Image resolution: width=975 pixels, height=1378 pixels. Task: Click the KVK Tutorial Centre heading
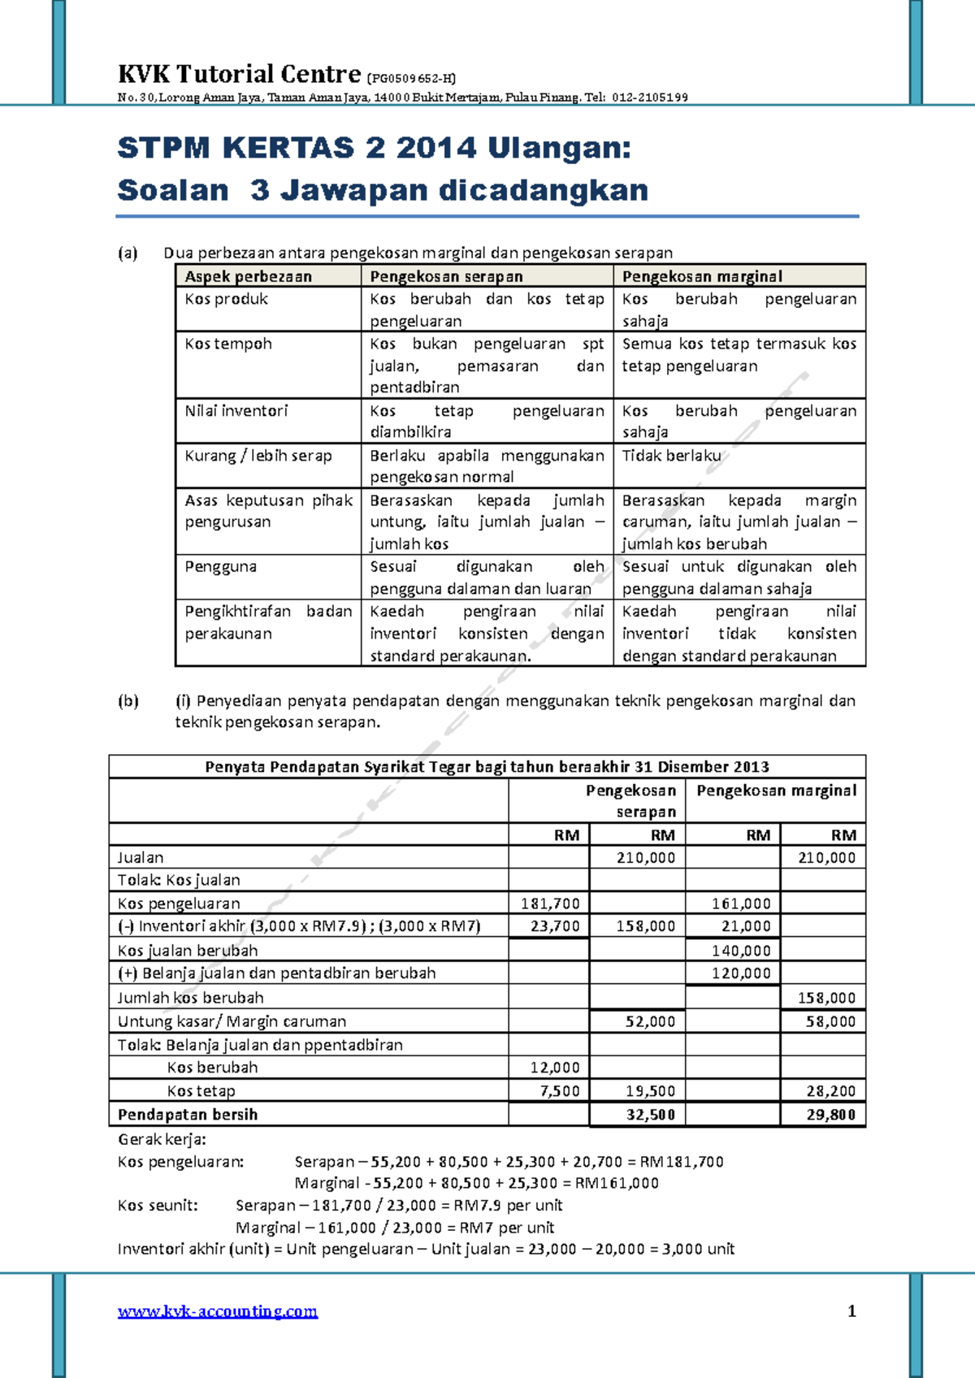click(x=239, y=75)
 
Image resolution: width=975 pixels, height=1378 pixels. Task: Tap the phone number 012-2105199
click(x=649, y=98)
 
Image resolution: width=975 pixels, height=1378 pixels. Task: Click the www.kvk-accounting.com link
click(x=218, y=1311)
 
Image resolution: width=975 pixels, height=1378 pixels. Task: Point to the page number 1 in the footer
click(x=851, y=1311)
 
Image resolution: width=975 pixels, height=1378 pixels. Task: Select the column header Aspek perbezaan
click(x=248, y=276)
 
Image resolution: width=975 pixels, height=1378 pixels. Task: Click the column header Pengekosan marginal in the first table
click(x=702, y=276)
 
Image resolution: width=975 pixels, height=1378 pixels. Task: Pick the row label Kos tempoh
click(x=228, y=344)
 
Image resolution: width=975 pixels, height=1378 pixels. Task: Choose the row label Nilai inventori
click(x=236, y=411)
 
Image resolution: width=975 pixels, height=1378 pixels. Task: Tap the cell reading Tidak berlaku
click(x=671, y=456)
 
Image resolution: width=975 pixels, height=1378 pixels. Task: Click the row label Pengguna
click(x=220, y=566)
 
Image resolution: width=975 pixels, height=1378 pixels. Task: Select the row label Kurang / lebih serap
click(x=258, y=456)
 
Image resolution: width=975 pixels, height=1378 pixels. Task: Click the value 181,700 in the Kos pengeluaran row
click(x=550, y=903)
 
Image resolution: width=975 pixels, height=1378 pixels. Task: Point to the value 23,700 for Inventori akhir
click(x=555, y=926)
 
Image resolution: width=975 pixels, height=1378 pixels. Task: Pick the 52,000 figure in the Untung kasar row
click(x=650, y=1021)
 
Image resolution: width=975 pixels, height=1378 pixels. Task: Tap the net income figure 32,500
click(x=650, y=1115)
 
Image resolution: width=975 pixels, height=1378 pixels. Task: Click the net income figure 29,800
click(x=830, y=1115)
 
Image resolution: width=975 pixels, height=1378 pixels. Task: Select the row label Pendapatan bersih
click(x=187, y=1115)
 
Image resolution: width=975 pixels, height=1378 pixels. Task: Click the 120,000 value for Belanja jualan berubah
click(x=741, y=973)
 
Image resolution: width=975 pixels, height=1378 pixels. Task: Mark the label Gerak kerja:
click(x=162, y=1139)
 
